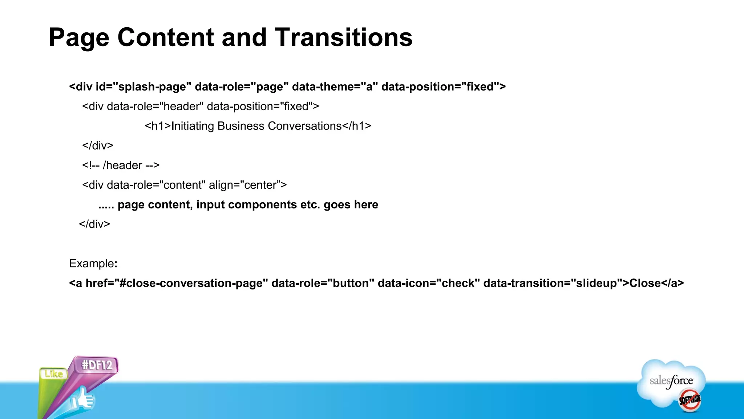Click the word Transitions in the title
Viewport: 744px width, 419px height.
[x=343, y=37]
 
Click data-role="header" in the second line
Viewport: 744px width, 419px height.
[x=155, y=107]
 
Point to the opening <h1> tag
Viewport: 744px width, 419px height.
[x=158, y=126]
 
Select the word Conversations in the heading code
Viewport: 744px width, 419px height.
[x=304, y=126]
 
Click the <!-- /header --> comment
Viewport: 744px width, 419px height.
[x=121, y=165]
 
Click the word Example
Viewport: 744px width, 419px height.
[x=92, y=264]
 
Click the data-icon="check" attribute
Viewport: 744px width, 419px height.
[x=429, y=283]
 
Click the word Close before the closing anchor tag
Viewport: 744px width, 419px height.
[x=645, y=283]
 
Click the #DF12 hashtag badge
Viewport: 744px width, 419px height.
[x=97, y=365]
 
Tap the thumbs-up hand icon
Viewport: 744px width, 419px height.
[x=83, y=400]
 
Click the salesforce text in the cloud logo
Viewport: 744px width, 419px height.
[x=671, y=381]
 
